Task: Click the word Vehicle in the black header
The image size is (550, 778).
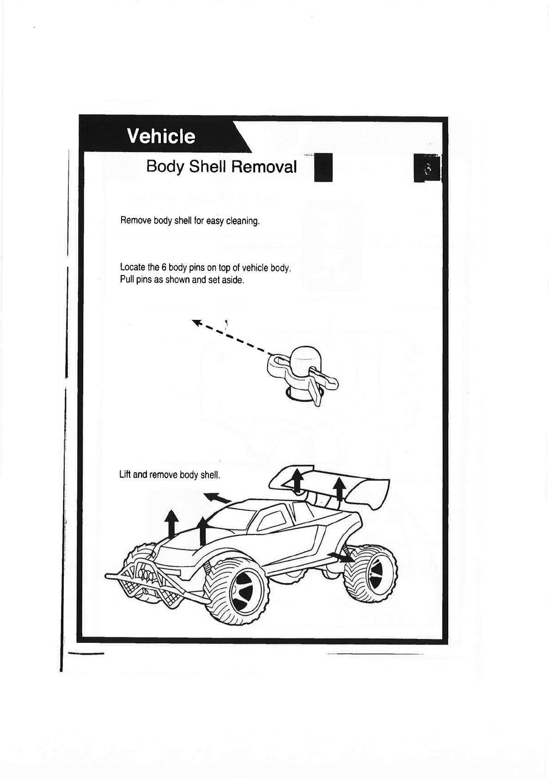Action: pos(161,136)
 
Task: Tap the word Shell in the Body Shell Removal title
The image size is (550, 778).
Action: pos(208,166)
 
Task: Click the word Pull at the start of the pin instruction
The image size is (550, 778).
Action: pos(127,280)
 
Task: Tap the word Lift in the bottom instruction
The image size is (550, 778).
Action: pos(125,475)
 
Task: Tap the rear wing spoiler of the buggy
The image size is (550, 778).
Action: pos(351,488)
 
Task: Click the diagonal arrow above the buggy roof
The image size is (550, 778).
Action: pos(218,498)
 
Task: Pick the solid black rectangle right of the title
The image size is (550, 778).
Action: pos(323,167)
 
